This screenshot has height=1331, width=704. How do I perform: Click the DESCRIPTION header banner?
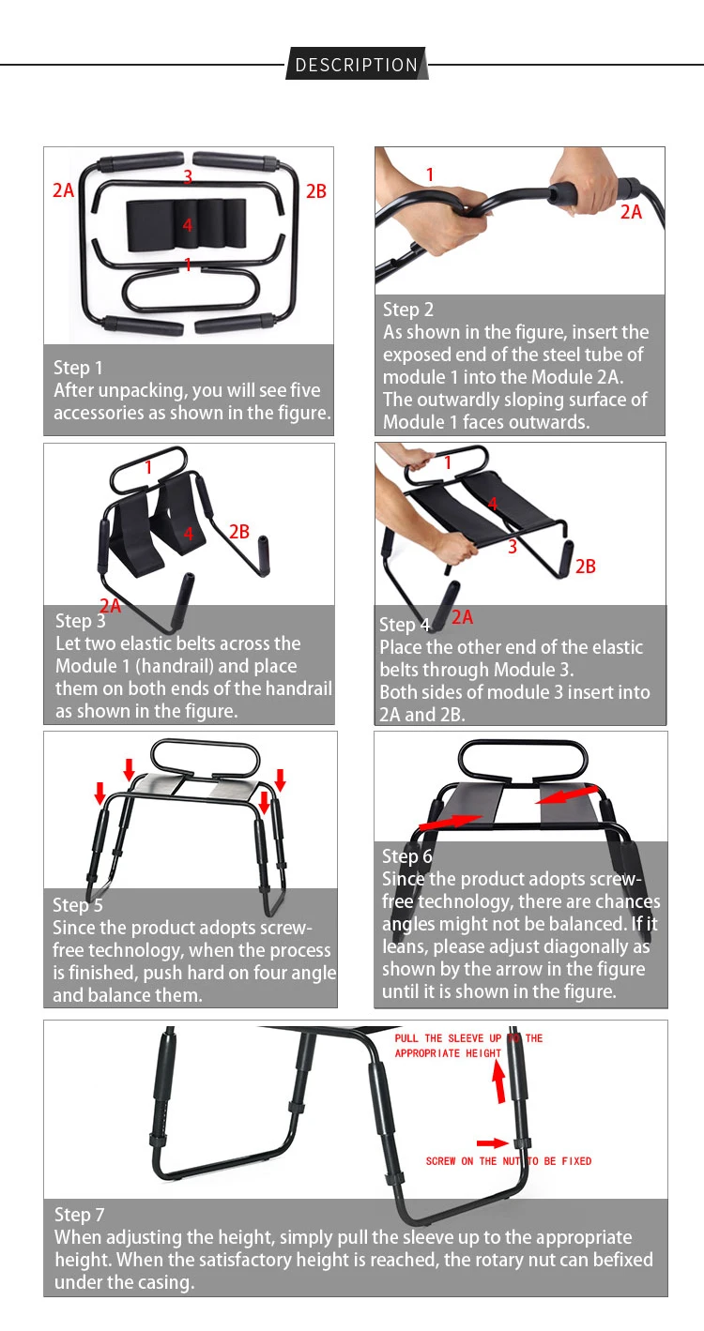pos(357,64)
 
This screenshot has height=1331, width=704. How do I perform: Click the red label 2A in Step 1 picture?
pos(63,190)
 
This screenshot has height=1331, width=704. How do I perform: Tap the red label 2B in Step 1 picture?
pos(315,191)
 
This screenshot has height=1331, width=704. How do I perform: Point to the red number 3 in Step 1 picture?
pos(188,176)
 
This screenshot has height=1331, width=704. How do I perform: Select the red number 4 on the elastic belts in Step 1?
pos(188,225)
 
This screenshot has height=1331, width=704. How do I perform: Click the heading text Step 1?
pos(78,368)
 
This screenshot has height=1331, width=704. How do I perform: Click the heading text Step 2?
pos(408,310)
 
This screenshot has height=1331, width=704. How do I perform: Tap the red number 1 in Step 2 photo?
pos(430,174)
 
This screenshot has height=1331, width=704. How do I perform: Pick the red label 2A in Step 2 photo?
pos(631,212)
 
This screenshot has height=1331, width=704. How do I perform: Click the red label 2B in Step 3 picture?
pos(239,531)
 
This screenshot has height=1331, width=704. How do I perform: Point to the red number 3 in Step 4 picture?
pos(513,547)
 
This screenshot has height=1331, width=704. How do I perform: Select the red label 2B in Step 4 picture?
pos(585,567)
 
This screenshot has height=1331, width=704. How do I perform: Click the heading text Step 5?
pos(77,905)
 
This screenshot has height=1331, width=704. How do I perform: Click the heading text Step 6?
pos(406,856)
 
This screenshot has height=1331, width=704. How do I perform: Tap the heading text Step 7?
pos(79,1215)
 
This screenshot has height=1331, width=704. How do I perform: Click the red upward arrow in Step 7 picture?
pos(499,1081)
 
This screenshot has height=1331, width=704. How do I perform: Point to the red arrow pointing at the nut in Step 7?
pos(492,1143)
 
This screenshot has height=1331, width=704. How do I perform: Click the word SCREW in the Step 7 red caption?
pos(440,1160)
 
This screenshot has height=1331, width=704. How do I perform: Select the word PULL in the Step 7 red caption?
pos(406,1038)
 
